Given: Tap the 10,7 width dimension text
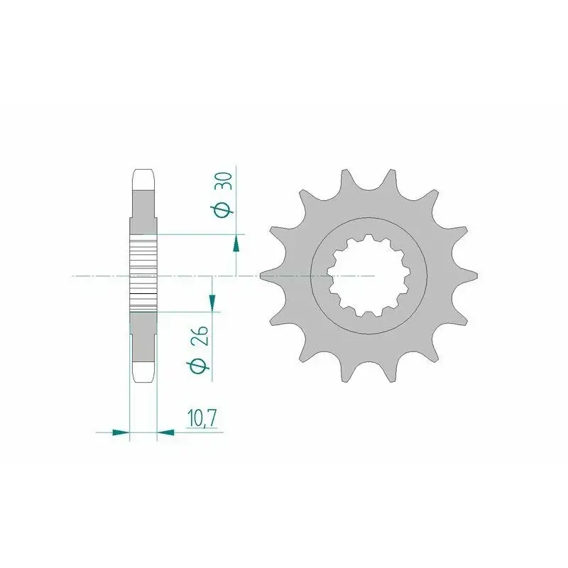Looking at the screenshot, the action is point(202,418).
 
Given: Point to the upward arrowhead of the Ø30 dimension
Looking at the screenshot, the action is point(236,243).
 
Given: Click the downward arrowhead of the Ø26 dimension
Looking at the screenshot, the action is point(212,303).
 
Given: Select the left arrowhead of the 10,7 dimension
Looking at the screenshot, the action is point(121,432).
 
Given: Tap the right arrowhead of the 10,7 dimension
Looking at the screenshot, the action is point(165,432).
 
